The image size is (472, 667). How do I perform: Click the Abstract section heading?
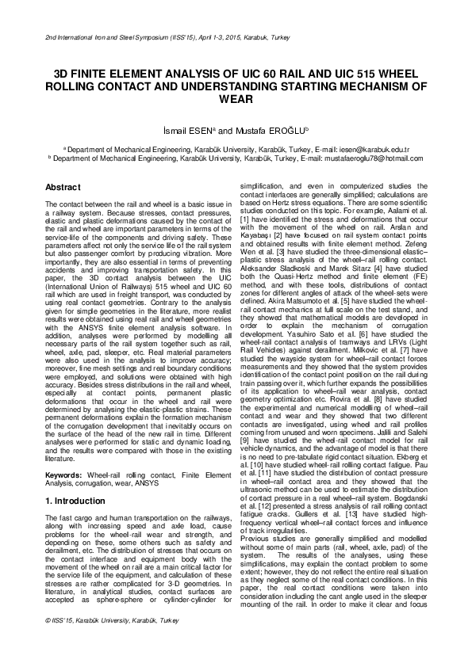click(x=63, y=187)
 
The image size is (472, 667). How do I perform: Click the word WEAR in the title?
click(x=236, y=100)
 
